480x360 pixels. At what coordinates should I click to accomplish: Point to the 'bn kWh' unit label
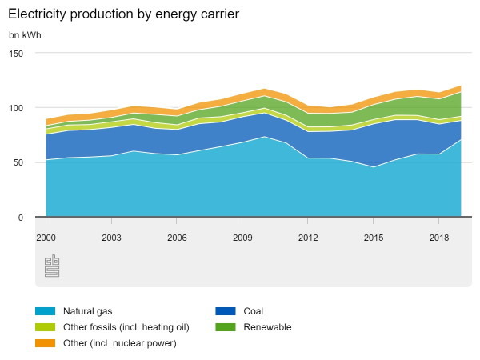[x=26, y=35]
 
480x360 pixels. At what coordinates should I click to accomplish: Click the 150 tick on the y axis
[x=17, y=53]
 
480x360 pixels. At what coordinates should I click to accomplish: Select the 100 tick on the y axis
[x=17, y=108]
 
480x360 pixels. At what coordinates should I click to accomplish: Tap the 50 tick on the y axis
[x=19, y=162]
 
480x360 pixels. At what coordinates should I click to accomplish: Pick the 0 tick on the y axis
[x=22, y=218]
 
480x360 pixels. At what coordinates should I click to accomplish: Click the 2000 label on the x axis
[x=46, y=238]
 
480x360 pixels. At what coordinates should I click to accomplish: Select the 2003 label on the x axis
[x=111, y=238]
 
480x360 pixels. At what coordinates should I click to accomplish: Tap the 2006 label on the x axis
[x=177, y=238]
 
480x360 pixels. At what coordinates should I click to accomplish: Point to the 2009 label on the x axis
[x=242, y=238]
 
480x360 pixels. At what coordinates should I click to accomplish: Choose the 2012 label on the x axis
[x=308, y=238]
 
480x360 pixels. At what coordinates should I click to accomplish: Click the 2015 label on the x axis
[x=374, y=238]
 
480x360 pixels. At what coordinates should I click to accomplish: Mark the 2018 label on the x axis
[x=439, y=238]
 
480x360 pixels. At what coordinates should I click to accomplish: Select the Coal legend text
[x=253, y=311]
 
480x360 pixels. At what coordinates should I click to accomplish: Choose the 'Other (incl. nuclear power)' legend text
[x=119, y=343]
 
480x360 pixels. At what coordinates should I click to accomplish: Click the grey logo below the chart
[x=52, y=266]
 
